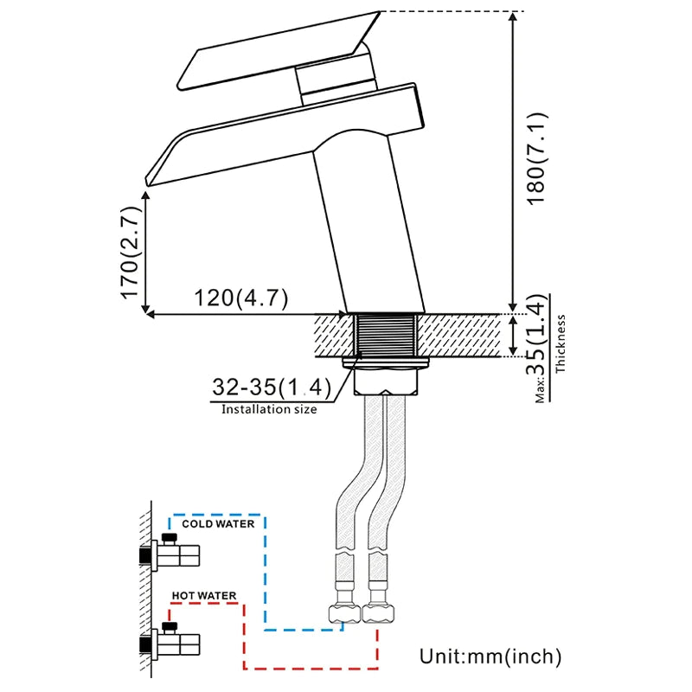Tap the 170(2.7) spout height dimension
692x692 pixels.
130,252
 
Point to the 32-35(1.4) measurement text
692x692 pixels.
269,387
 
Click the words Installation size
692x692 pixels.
269,409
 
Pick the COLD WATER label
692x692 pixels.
218,523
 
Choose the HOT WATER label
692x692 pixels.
202,596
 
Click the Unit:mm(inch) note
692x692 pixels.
490,656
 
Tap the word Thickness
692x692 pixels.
561,343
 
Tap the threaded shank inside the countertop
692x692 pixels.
387,335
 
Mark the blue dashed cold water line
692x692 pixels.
265,571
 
